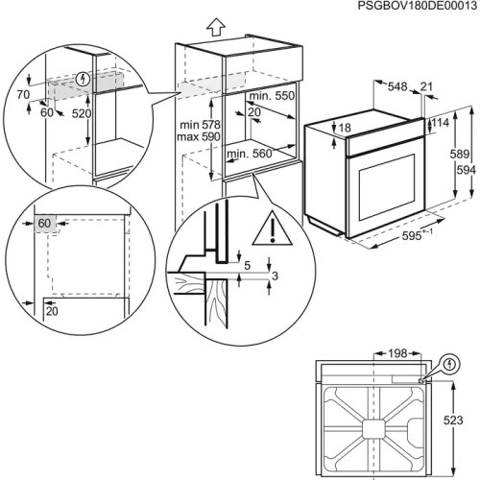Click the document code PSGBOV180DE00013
tap(417, 8)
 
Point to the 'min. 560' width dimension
tap(248, 152)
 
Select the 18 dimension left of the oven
tap(344, 128)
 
